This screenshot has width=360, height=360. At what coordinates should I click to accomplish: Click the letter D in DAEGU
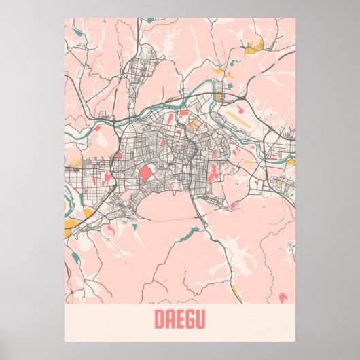click(159, 319)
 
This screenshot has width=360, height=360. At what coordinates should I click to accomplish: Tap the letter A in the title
click(170, 319)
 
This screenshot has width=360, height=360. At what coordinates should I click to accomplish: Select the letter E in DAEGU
click(180, 319)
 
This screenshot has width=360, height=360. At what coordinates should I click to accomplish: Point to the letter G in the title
click(190, 319)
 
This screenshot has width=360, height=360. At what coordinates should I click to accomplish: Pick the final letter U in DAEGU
click(201, 319)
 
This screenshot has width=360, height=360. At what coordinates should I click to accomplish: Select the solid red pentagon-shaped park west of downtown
click(145, 174)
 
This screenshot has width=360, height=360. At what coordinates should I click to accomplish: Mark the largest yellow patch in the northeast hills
click(257, 46)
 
